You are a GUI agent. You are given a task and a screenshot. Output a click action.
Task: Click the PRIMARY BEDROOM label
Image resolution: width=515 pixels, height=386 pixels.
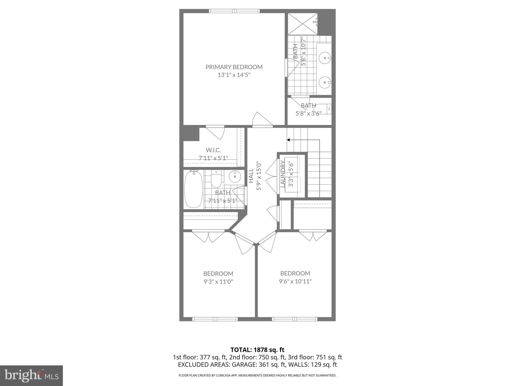234,67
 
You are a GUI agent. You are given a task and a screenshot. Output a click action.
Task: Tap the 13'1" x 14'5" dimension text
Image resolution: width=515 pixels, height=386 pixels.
234,75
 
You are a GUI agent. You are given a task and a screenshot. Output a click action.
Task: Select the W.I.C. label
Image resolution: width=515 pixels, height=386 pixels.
213,150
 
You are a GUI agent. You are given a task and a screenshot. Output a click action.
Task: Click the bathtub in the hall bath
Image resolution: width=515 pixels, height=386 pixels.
193,189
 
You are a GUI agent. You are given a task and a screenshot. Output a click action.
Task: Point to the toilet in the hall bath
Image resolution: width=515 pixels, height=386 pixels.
216,179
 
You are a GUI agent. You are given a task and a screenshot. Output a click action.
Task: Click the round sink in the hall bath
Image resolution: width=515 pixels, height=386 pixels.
235,177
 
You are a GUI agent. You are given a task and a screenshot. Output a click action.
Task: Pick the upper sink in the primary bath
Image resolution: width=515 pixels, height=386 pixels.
325,58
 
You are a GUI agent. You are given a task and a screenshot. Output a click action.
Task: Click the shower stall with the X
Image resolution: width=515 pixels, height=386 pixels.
303,24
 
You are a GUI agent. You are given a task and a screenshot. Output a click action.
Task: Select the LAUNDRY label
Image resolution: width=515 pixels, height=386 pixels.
283,174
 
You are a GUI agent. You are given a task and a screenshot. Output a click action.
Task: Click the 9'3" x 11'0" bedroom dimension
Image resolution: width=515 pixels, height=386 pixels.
218,281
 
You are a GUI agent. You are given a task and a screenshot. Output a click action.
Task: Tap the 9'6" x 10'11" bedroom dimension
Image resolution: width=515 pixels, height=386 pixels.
295,281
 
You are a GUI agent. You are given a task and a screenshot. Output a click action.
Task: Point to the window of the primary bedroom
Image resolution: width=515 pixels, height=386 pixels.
234,11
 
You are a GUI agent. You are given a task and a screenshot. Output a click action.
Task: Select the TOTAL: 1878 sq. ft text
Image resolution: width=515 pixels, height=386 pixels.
257,350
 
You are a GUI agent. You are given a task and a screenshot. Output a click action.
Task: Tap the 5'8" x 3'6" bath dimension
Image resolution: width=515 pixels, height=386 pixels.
308,113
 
